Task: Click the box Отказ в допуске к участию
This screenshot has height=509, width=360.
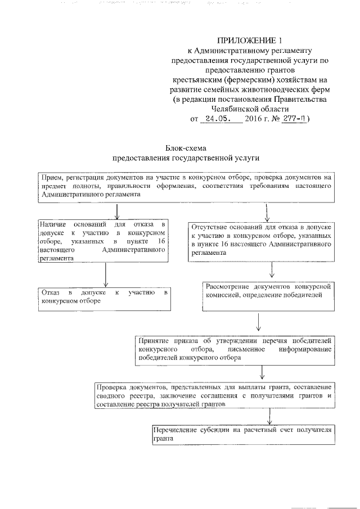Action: click(105, 296)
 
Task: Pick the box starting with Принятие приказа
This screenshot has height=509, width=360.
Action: click(236, 349)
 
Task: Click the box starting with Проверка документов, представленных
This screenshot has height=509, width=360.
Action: click(215, 396)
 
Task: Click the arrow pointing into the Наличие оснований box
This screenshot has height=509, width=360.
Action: click(116, 211)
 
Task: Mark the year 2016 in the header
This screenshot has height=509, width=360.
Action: click(256, 119)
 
